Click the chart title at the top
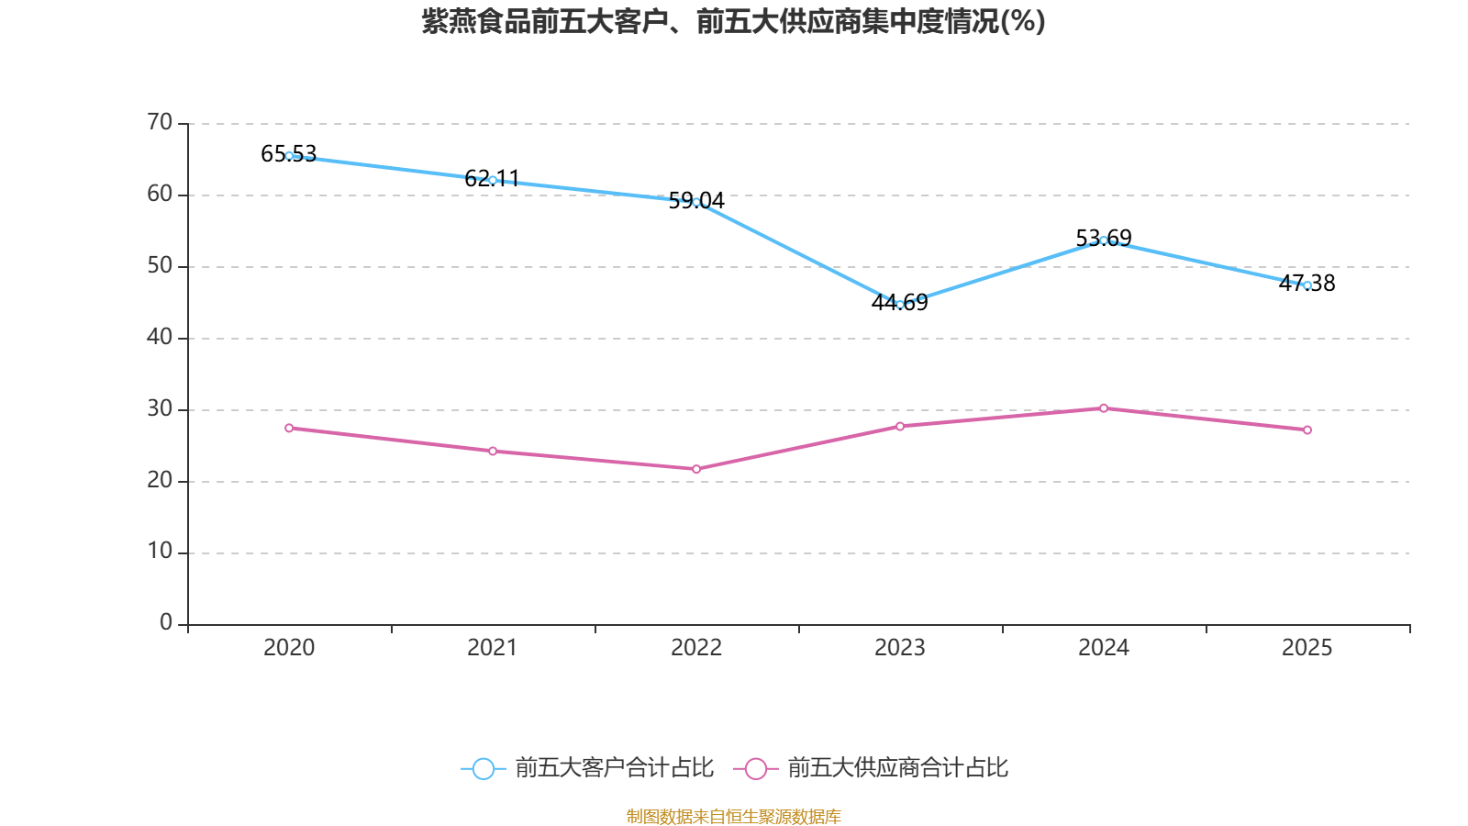coord(733,21)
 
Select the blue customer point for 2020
coord(289,156)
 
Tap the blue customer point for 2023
coord(900,304)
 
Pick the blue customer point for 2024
coord(1104,240)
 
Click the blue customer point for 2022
coord(696,202)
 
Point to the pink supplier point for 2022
coord(696,469)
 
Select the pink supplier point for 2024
coord(1104,407)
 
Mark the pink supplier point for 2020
coord(289,428)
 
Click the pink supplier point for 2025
coord(1307,430)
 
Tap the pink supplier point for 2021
coord(493,451)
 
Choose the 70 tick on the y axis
coord(160,122)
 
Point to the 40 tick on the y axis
coord(160,337)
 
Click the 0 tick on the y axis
coord(166,623)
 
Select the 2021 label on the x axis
coord(493,648)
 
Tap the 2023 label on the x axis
coord(900,648)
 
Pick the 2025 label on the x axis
coord(1307,648)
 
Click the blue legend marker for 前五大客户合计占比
coord(483,768)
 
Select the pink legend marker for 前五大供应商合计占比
coord(755,768)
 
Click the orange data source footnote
coord(733,816)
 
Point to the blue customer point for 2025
coord(1307,285)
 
